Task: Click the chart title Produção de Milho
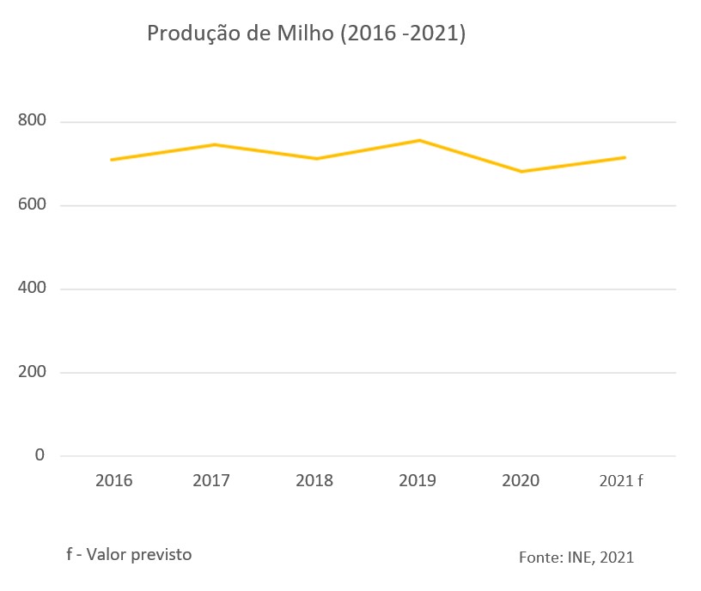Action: tap(306, 34)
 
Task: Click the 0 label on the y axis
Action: tap(40, 455)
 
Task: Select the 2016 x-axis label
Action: tap(114, 480)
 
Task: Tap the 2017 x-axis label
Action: tap(211, 480)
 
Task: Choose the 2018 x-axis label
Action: tap(314, 480)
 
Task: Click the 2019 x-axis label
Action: tap(418, 480)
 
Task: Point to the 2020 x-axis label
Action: tap(521, 480)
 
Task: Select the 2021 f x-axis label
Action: tap(621, 480)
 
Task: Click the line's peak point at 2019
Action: tap(419, 140)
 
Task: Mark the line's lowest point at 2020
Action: tap(521, 172)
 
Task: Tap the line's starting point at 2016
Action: tap(112, 160)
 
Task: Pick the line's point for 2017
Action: tap(214, 144)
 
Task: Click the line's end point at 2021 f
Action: tap(625, 157)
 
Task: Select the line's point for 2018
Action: tap(316, 159)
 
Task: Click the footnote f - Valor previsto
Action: tap(129, 554)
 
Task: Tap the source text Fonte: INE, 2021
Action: tap(576, 557)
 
